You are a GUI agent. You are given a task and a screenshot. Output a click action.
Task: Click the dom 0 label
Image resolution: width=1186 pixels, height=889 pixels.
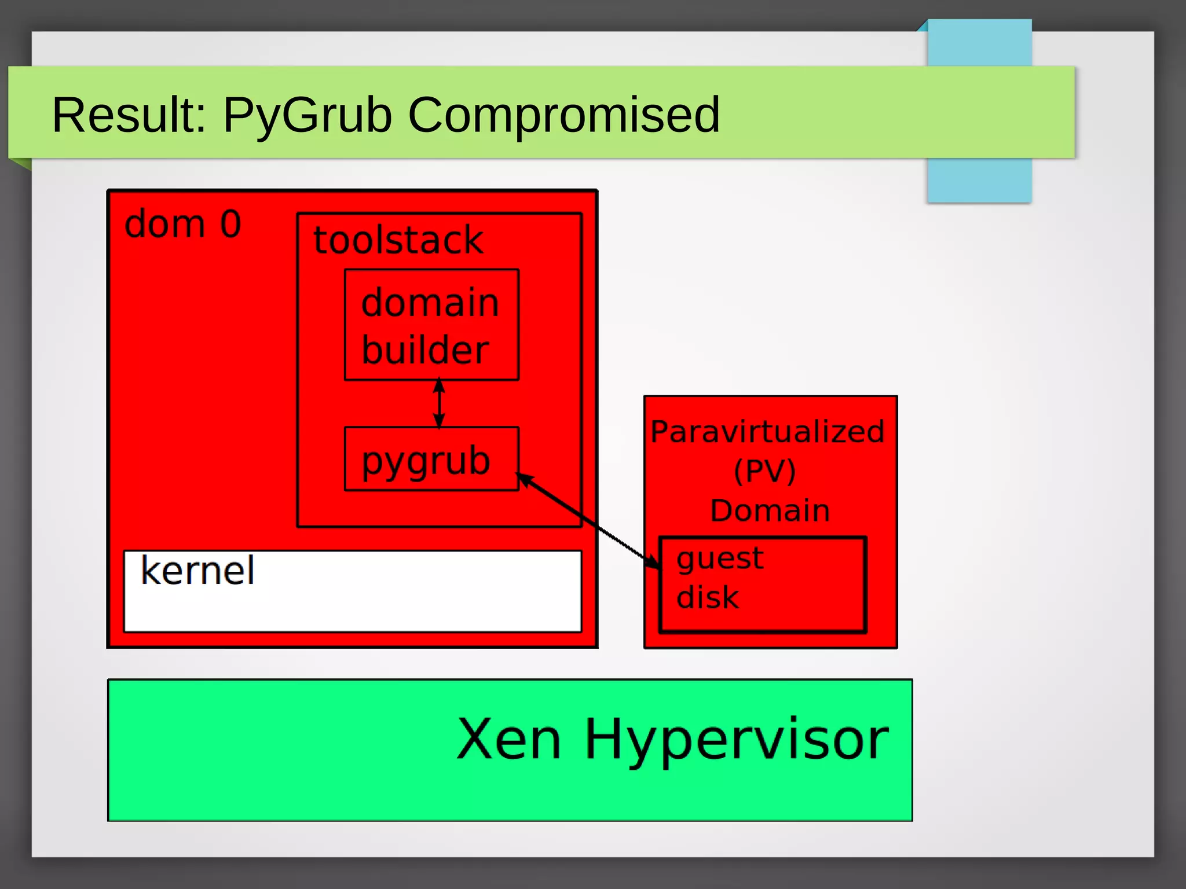(182, 224)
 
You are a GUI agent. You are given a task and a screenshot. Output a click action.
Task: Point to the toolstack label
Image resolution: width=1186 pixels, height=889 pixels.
(398, 240)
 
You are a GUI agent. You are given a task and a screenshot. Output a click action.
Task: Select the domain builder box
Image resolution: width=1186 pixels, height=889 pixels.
(431, 325)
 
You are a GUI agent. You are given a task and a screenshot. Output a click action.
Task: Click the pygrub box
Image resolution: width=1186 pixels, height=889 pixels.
(431, 459)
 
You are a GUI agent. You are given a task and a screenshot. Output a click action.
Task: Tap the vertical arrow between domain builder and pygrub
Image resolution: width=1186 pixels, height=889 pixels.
(439, 403)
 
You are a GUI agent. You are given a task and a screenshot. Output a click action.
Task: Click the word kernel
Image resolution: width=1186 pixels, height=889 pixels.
(197, 571)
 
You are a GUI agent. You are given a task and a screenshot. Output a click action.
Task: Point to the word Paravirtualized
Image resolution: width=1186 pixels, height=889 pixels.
(767, 432)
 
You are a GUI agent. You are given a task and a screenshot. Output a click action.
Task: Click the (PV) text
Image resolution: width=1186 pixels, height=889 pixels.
(765, 471)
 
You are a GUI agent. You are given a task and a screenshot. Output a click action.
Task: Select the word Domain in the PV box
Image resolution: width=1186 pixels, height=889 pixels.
(770, 510)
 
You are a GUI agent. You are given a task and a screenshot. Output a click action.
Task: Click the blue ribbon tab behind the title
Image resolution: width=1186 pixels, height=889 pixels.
(979, 179)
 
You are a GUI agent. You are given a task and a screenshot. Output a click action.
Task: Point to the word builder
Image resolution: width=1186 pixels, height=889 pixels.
(425, 350)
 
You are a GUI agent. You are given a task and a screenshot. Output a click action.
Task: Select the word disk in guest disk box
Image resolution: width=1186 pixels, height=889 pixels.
(708, 597)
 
